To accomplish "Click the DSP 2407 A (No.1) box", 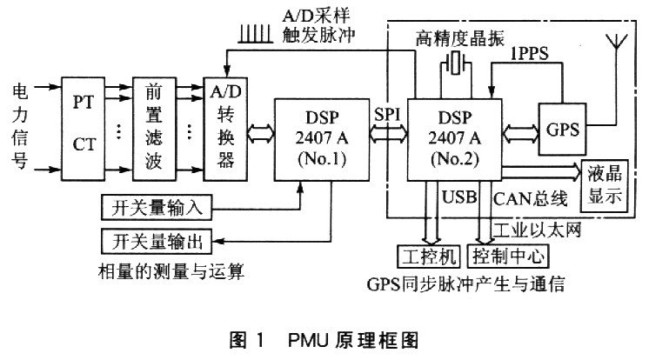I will point(323,142).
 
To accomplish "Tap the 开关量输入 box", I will point(152,208).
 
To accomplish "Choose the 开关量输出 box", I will point(152,239).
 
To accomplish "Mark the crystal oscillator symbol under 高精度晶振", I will point(455,63).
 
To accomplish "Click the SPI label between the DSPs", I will point(386,114).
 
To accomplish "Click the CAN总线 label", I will point(526,197).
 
